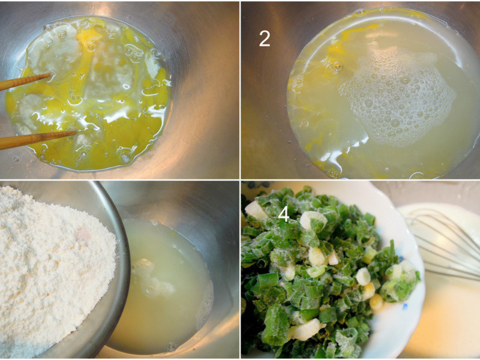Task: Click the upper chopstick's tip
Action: click(50, 74)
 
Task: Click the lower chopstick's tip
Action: click(76, 133)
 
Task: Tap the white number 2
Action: click(265, 38)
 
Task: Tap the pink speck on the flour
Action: click(83, 233)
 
